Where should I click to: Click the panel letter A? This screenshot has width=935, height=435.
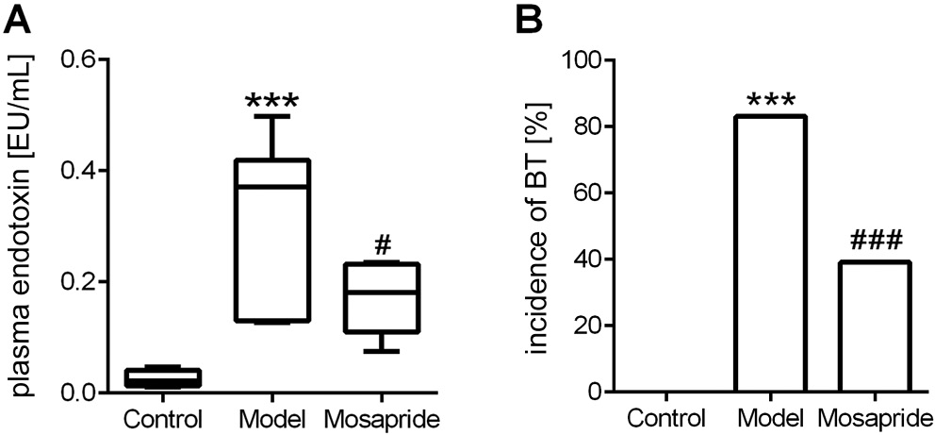pyautogui.click(x=18, y=19)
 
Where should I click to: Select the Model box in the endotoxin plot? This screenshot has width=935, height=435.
pyautogui.click(x=271, y=241)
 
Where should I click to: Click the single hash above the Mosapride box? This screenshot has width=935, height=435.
pyautogui.click(x=382, y=245)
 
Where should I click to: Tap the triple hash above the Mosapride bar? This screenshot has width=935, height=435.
pyautogui.click(x=877, y=241)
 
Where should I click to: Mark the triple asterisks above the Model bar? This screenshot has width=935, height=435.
pyautogui.click(x=769, y=100)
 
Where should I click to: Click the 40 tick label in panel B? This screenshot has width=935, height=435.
pyautogui.click(x=588, y=259)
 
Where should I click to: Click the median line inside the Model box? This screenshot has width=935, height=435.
pyautogui.click(x=271, y=187)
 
